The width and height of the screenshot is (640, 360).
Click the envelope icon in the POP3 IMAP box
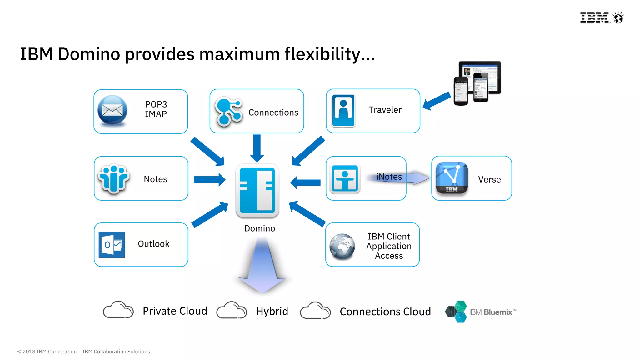click(x=112, y=110)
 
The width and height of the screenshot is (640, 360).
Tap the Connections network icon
click(x=228, y=112)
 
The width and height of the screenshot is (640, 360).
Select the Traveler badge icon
click(x=343, y=111)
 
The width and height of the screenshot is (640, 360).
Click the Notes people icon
click(x=113, y=178)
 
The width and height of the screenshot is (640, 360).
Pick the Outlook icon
click(x=112, y=245)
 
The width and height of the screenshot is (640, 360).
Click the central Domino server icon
click(x=257, y=190)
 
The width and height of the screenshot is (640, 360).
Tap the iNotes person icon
click(x=345, y=179)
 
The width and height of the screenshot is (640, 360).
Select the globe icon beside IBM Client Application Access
click(x=342, y=247)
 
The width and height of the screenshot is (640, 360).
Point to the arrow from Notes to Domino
click(x=209, y=179)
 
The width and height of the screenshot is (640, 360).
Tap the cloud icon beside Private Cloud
click(x=118, y=310)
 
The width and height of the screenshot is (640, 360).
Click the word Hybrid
click(x=272, y=311)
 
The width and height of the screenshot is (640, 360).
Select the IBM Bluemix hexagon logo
click(x=457, y=312)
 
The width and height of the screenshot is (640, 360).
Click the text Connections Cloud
click(x=385, y=312)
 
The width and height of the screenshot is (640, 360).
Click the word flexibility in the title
click(x=329, y=54)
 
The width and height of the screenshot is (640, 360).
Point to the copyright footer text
click(x=83, y=352)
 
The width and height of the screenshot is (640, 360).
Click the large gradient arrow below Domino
click(x=262, y=266)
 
